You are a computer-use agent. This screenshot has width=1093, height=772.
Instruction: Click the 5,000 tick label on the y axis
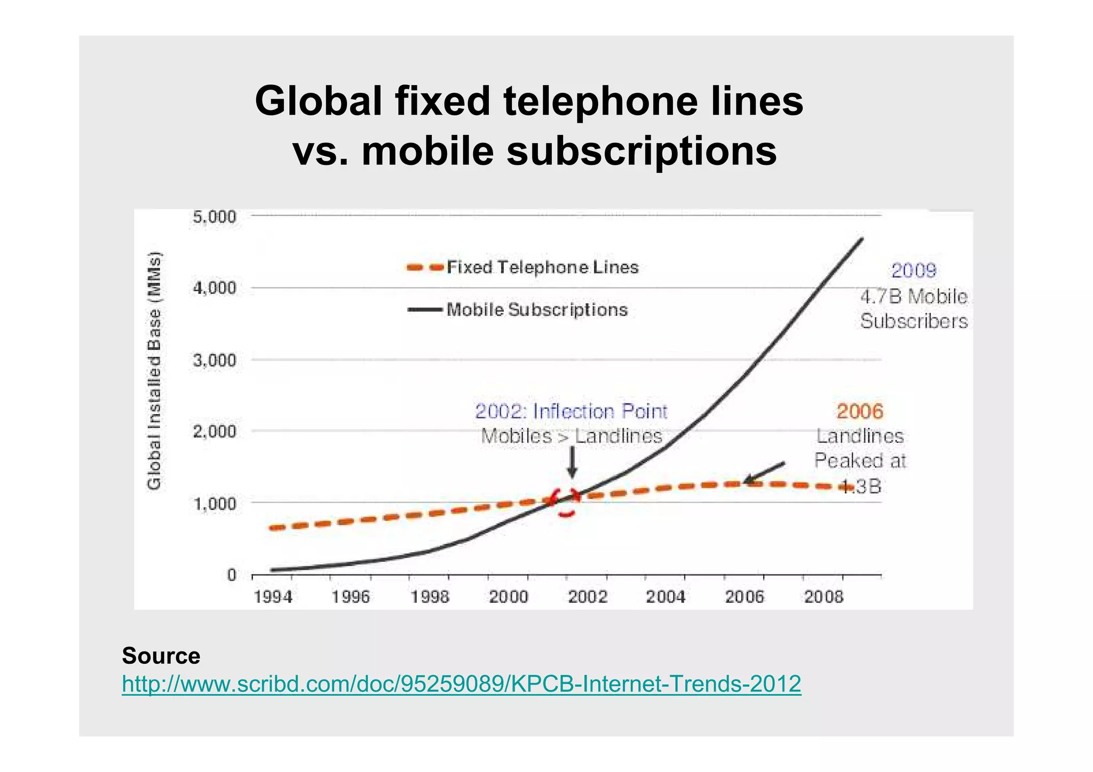coord(213,217)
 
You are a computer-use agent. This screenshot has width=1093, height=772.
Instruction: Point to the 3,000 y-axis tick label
coord(213,360)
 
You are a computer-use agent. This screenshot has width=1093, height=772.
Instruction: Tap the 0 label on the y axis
coord(232,575)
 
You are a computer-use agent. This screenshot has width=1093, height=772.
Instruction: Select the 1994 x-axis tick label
coord(273,596)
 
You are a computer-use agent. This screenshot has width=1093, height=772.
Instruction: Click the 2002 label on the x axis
coord(587,596)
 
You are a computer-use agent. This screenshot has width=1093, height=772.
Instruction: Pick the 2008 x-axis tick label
coord(823,596)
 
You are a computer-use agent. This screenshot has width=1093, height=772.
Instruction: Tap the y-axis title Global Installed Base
coord(154,371)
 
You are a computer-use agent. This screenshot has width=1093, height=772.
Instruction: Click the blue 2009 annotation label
coord(914,270)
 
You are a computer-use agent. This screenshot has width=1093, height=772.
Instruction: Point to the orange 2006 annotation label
coord(860,411)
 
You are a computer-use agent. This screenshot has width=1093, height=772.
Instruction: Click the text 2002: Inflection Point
coord(571,411)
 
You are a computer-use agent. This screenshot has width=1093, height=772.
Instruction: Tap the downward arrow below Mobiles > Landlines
coord(572,462)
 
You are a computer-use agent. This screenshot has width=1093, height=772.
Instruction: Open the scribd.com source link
coord(461,683)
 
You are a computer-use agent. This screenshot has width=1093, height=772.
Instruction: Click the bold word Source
coord(161,656)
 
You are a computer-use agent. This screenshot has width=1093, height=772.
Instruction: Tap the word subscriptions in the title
coord(641,151)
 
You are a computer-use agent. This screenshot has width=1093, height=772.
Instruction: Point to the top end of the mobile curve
coord(861,239)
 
